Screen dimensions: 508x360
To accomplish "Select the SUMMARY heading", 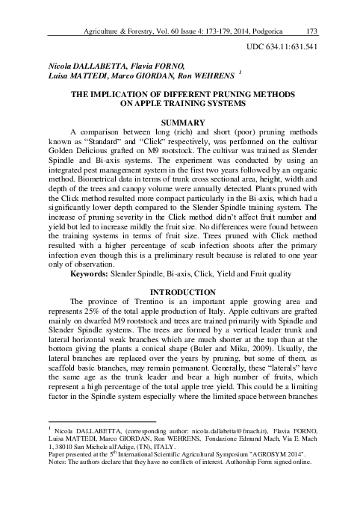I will point(183,122).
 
